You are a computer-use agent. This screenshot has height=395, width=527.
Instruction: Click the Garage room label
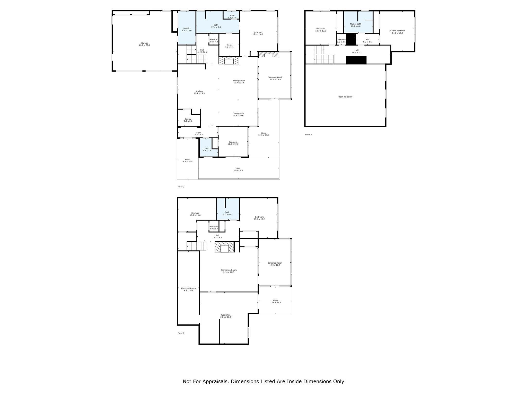pyautogui.click(x=144, y=44)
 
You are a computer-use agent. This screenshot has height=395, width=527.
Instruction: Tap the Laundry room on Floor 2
pyautogui.click(x=187, y=29)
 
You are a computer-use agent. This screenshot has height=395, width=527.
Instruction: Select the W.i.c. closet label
pyautogui.click(x=229, y=46)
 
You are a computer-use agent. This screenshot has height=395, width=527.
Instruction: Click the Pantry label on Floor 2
pyautogui.click(x=188, y=120)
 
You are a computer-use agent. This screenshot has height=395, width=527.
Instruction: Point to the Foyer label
pyautogui.click(x=198, y=133)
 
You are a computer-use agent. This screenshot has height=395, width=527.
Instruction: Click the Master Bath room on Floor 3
pyautogui.click(x=355, y=25)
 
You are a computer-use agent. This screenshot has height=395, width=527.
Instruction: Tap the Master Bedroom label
pyautogui.click(x=397, y=32)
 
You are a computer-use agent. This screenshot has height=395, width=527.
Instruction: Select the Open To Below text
pyautogui.click(x=345, y=97)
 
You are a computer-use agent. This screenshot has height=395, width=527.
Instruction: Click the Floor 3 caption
pyautogui.click(x=308, y=134)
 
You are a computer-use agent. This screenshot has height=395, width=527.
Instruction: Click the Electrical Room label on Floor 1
pyautogui.click(x=188, y=289)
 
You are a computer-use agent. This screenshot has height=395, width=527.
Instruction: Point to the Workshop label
pyautogui.click(x=226, y=316)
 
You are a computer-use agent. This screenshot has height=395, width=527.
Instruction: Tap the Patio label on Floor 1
pyautogui.click(x=275, y=301)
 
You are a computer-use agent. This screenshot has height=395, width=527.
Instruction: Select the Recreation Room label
pyautogui.click(x=229, y=271)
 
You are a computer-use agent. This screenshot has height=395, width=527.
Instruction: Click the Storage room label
pyautogui.click(x=195, y=214)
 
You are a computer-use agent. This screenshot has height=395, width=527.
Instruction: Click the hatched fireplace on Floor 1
pyautogui.click(x=225, y=247)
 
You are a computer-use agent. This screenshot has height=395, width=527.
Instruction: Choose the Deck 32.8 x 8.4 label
pyautogui.click(x=238, y=169)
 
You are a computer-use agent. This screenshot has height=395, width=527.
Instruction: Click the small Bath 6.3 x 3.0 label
pyautogui.click(x=232, y=16)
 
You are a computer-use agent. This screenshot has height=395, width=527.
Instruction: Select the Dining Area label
pyautogui.click(x=238, y=114)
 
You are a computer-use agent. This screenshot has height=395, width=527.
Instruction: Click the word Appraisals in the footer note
pyautogui.click(x=215, y=381)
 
